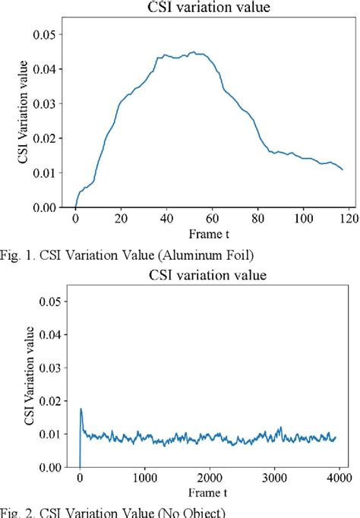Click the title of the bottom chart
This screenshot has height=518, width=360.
[x=207, y=275]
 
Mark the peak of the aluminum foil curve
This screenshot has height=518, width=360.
[x=194, y=52]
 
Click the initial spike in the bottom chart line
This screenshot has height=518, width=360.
[x=81, y=409]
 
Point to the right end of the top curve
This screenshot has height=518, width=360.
[x=343, y=169]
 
